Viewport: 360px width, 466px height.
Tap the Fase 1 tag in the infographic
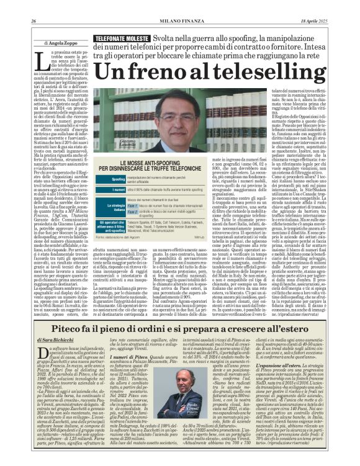(132, 205)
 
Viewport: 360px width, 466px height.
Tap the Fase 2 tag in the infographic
(132, 211)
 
